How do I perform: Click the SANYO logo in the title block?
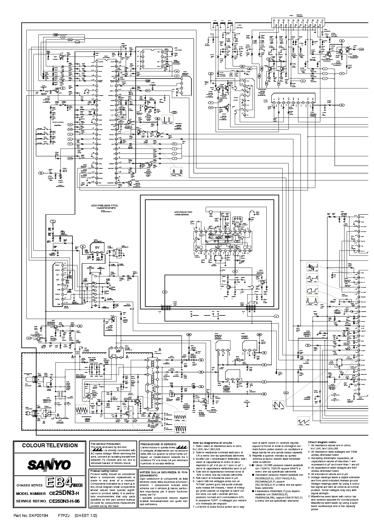coord(50,465)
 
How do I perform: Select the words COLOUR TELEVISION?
coord(50,446)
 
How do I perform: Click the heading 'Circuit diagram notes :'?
coord(325,442)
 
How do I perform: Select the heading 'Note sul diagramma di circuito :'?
coord(213,443)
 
